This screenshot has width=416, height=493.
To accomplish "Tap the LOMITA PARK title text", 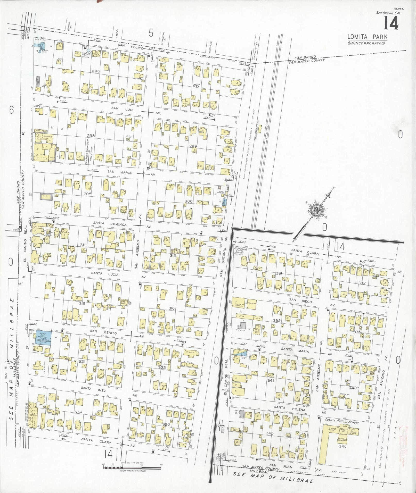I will click(367, 37).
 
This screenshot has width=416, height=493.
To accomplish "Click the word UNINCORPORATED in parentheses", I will click(366, 43).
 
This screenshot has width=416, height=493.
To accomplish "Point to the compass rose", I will click(315, 210).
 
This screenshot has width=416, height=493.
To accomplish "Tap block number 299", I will click(193, 146).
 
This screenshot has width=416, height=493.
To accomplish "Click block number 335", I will click(277, 320).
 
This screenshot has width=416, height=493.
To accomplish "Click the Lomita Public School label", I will click(342, 427).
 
